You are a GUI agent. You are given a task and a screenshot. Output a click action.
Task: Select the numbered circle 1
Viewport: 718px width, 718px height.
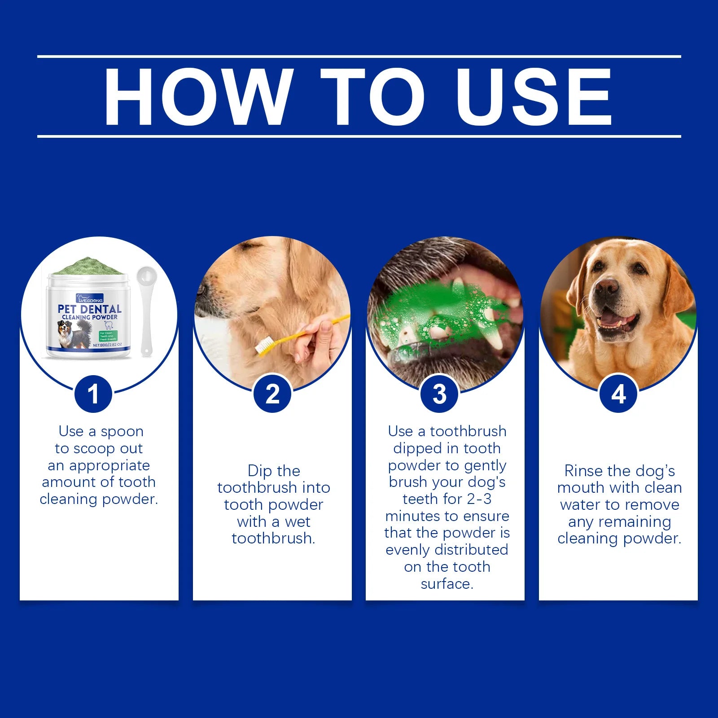click(93, 394)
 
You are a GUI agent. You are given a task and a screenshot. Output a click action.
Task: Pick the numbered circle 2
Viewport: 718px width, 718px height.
click(272, 394)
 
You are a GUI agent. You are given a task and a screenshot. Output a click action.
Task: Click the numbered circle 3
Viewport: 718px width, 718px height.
click(439, 394)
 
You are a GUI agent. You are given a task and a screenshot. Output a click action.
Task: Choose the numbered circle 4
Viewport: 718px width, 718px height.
click(618, 394)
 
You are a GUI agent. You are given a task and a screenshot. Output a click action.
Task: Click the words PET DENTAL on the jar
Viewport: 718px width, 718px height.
click(90, 309)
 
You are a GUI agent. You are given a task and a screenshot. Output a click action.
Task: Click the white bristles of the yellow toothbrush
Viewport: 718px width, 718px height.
click(264, 345)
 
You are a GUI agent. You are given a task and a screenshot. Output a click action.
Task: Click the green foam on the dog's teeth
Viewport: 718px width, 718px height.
click(431, 314)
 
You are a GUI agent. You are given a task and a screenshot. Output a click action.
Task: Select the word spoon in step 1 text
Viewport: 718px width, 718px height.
click(122, 431)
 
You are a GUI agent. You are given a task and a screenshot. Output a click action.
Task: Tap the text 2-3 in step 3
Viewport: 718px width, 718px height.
click(478, 499)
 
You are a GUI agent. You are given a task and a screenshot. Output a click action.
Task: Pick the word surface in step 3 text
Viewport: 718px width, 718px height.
click(447, 584)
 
